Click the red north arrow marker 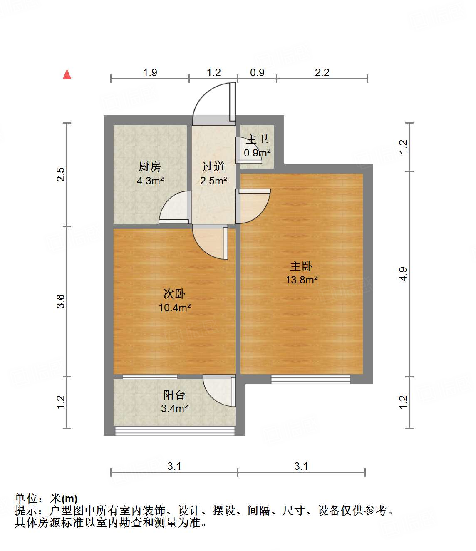pyautogui.click(x=67, y=74)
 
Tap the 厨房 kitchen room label pyautogui.click(x=150, y=166)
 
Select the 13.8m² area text pyautogui.click(x=302, y=280)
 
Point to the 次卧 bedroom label pyautogui.click(x=174, y=294)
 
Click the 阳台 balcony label pyautogui.click(x=174, y=395)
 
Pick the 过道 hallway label pyautogui.click(x=213, y=166)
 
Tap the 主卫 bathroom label pyautogui.click(x=257, y=139)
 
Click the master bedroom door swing pyautogui.click(x=253, y=206)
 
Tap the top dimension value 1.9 pyautogui.click(x=150, y=72)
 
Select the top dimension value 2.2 pyautogui.click(x=322, y=72)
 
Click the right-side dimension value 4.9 pyautogui.click(x=403, y=274)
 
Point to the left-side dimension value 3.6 pyautogui.click(x=61, y=301)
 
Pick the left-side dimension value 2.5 pyautogui.click(x=61, y=174)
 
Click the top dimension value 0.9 pyautogui.click(x=257, y=72)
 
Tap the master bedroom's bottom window pyautogui.click(x=311, y=379)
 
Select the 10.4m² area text pyautogui.click(x=175, y=308)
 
